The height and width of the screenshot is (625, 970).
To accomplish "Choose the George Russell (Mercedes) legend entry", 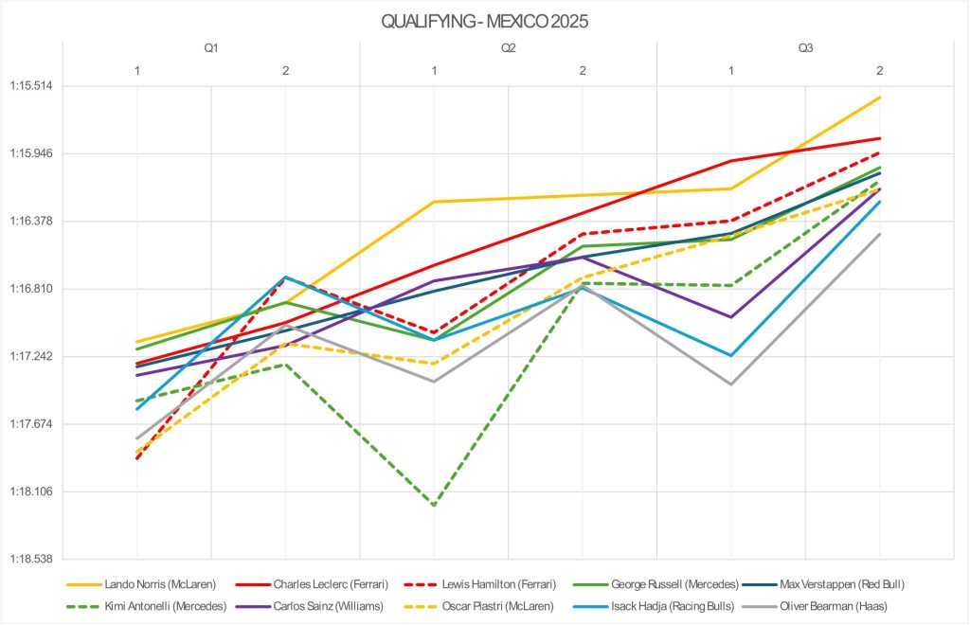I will pos(674,584).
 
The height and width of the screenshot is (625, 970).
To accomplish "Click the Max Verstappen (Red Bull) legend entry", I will pos(849,584).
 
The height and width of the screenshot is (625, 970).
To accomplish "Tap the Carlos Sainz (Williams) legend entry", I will pos(336,605).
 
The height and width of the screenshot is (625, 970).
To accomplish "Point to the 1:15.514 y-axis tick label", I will pos(31,86).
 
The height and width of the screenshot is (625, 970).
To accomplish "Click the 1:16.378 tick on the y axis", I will pos(31,222).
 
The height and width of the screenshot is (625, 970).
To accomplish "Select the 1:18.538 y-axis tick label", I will pos(31,560).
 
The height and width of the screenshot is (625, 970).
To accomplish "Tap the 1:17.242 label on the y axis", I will pos(31,357).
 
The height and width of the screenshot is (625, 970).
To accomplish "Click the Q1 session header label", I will pos(211,47).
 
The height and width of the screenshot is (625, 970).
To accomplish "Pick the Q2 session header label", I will pos(509,47).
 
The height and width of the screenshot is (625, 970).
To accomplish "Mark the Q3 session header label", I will pos(805,47).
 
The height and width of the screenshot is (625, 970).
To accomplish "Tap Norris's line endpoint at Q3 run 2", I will pos(880,98).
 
